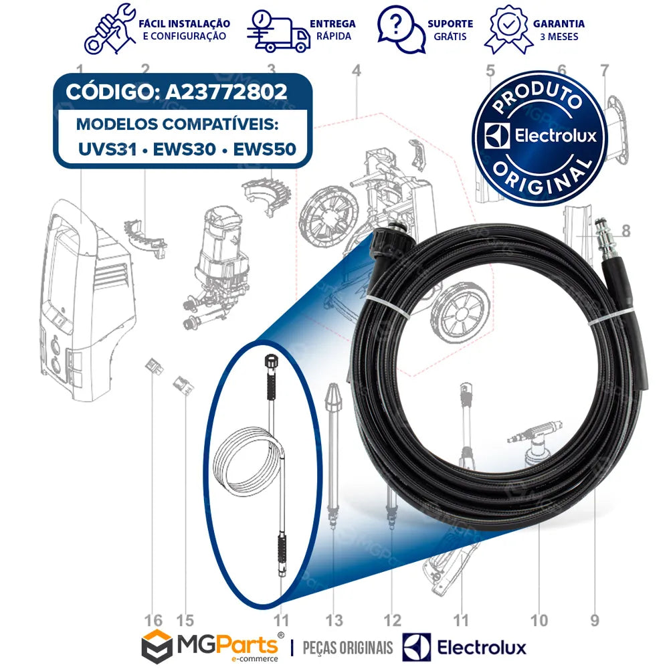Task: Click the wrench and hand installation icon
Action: tap(110, 29)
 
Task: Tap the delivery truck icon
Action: tap(278, 31)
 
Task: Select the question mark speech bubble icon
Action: tap(401, 29)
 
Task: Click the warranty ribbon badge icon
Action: tap(507, 29)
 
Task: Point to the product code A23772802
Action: tap(226, 92)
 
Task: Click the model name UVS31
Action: tap(108, 149)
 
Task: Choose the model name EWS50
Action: tap(264, 149)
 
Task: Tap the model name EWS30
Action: tap(185, 149)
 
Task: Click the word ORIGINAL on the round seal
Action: tap(543, 179)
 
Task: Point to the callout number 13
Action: tap(334, 620)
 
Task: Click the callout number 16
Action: tap(153, 620)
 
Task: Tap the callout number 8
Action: tap(626, 231)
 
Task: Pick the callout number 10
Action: tap(539, 620)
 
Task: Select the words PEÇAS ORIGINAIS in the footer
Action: tap(348, 647)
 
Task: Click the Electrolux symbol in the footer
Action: tap(417, 647)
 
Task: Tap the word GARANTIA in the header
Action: tap(559, 24)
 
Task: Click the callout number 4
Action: tap(357, 70)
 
